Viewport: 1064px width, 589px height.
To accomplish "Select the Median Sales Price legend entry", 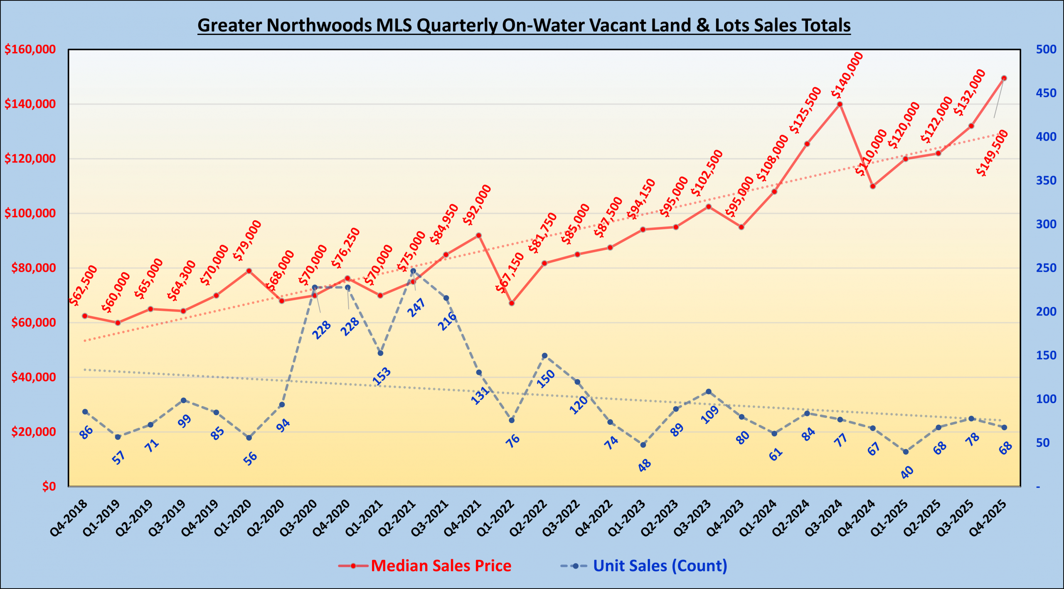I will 441,566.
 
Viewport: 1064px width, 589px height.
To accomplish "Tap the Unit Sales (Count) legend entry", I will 660,566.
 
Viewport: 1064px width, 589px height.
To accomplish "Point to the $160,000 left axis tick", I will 30,49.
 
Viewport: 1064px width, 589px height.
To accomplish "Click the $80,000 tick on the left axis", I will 33,268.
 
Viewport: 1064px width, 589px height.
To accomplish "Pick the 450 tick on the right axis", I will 1046,93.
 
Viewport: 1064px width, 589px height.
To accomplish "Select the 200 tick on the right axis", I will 1046,311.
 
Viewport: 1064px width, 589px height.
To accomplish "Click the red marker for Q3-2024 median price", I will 840,104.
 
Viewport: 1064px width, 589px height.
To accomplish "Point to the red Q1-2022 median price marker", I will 512,303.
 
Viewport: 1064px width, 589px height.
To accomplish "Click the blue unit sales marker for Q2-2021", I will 413,271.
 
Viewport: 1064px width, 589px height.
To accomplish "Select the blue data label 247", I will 416,308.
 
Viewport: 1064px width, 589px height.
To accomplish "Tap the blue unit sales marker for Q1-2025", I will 906,452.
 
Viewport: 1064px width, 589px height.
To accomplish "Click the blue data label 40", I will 907,472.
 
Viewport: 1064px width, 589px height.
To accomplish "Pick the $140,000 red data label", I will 847,75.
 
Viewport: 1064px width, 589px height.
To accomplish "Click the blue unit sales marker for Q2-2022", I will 544,356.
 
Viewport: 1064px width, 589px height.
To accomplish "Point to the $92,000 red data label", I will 477,205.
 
